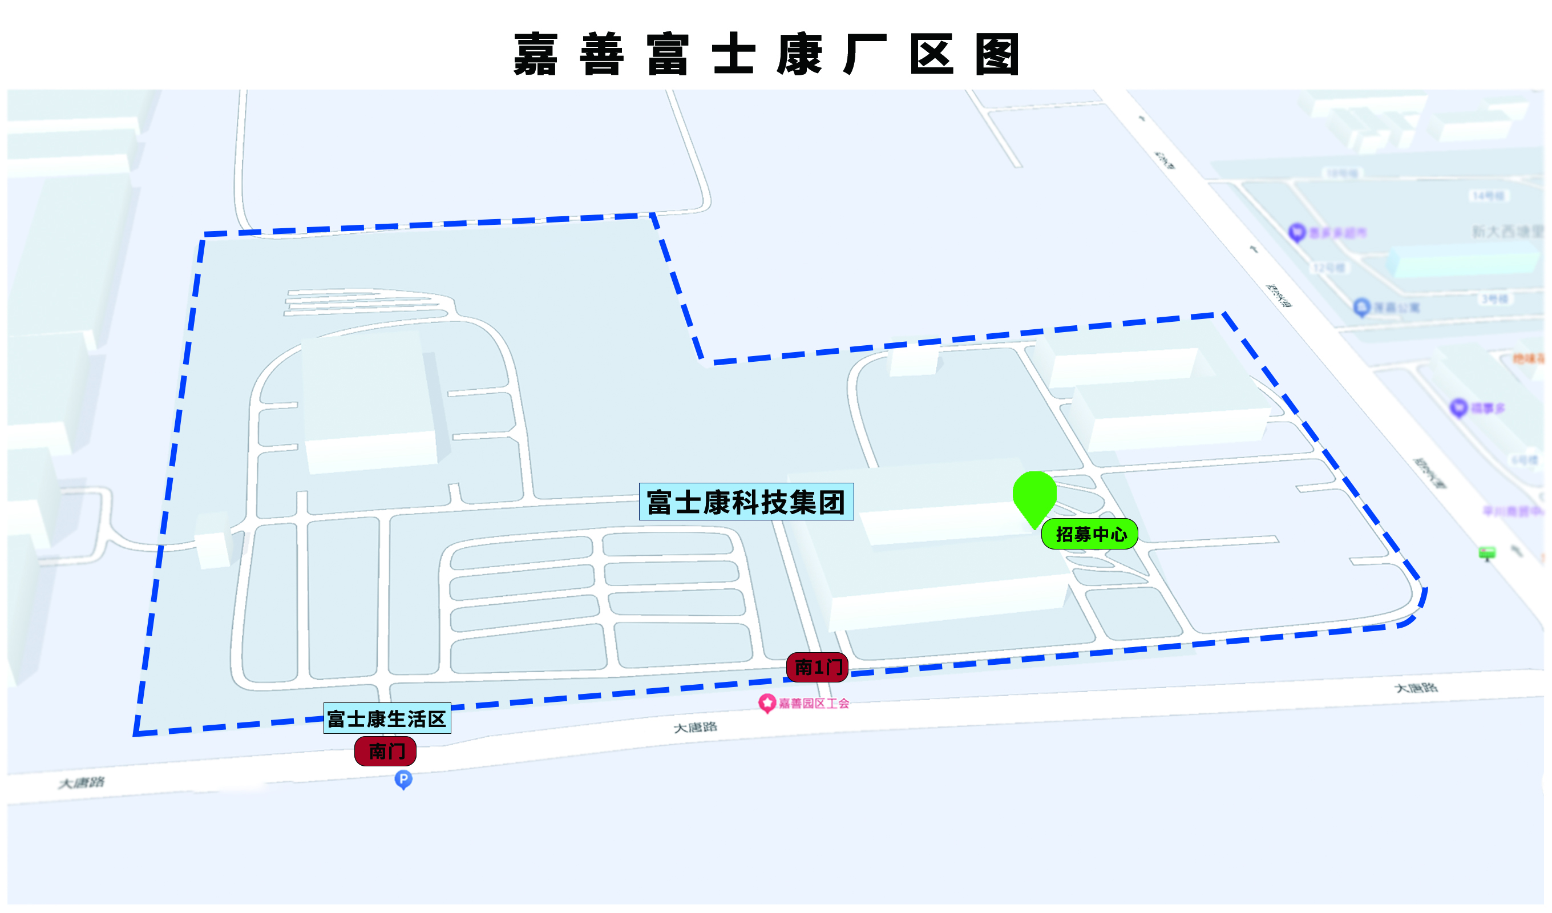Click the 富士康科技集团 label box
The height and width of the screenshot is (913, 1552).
pyautogui.click(x=746, y=502)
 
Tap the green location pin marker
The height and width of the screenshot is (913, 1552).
pyautogui.click(x=1034, y=495)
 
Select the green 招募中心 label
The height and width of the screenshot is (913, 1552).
pyautogui.click(x=1089, y=534)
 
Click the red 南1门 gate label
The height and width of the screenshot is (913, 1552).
pyautogui.click(x=817, y=667)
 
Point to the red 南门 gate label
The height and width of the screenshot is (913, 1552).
pyautogui.click(x=386, y=751)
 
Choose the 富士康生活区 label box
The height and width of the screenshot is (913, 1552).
pyautogui.click(x=387, y=718)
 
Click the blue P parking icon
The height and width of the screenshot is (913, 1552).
pyautogui.click(x=403, y=779)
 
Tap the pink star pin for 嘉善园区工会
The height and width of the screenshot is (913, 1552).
pyautogui.click(x=767, y=702)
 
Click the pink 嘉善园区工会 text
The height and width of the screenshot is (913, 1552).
pyautogui.click(x=814, y=703)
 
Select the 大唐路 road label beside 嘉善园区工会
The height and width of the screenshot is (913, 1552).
pyautogui.click(x=696, y=728)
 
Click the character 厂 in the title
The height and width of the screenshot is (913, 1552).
pyautogui.click(x=866, y=54)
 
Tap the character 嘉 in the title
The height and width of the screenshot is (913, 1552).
pyautogui.click(x=536, y=54)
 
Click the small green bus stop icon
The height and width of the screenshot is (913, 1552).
pyautogui.click(x=1488, y=552)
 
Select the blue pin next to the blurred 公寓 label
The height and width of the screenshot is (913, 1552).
pyautogui.click(x=1361, y=307)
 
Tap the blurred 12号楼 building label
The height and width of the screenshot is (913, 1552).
pyautogui.click(x=1329, y=268)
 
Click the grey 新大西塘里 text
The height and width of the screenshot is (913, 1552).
pyautogui.click(x=1507, y=232)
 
